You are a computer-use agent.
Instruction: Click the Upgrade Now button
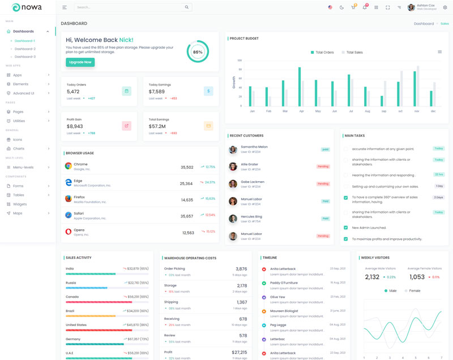tap(80, 62)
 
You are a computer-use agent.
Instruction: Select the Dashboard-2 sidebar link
tap(25, 49)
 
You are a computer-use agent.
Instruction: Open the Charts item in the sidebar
tap(19, 148)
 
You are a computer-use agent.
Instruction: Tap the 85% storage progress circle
tap(198, 52)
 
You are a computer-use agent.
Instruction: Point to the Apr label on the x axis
tap(301, 111)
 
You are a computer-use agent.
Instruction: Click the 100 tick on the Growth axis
tap(240, 60)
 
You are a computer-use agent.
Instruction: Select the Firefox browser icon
tap(68, 199)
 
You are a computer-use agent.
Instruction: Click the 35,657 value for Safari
tap(187, 216)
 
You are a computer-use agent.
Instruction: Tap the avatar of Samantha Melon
tap(233, 149)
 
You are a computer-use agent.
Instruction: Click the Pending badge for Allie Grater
tap(323, 166)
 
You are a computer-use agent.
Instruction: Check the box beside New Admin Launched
tap(346, 228)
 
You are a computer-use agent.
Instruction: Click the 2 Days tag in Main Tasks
tap(438, 198)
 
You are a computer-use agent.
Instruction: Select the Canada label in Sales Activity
tap(72, 297)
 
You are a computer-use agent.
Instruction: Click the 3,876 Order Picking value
tap(241, 269)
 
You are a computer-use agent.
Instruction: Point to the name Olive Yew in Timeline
tap(277, 297)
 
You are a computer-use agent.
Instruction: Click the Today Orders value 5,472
tap(73, 92)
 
